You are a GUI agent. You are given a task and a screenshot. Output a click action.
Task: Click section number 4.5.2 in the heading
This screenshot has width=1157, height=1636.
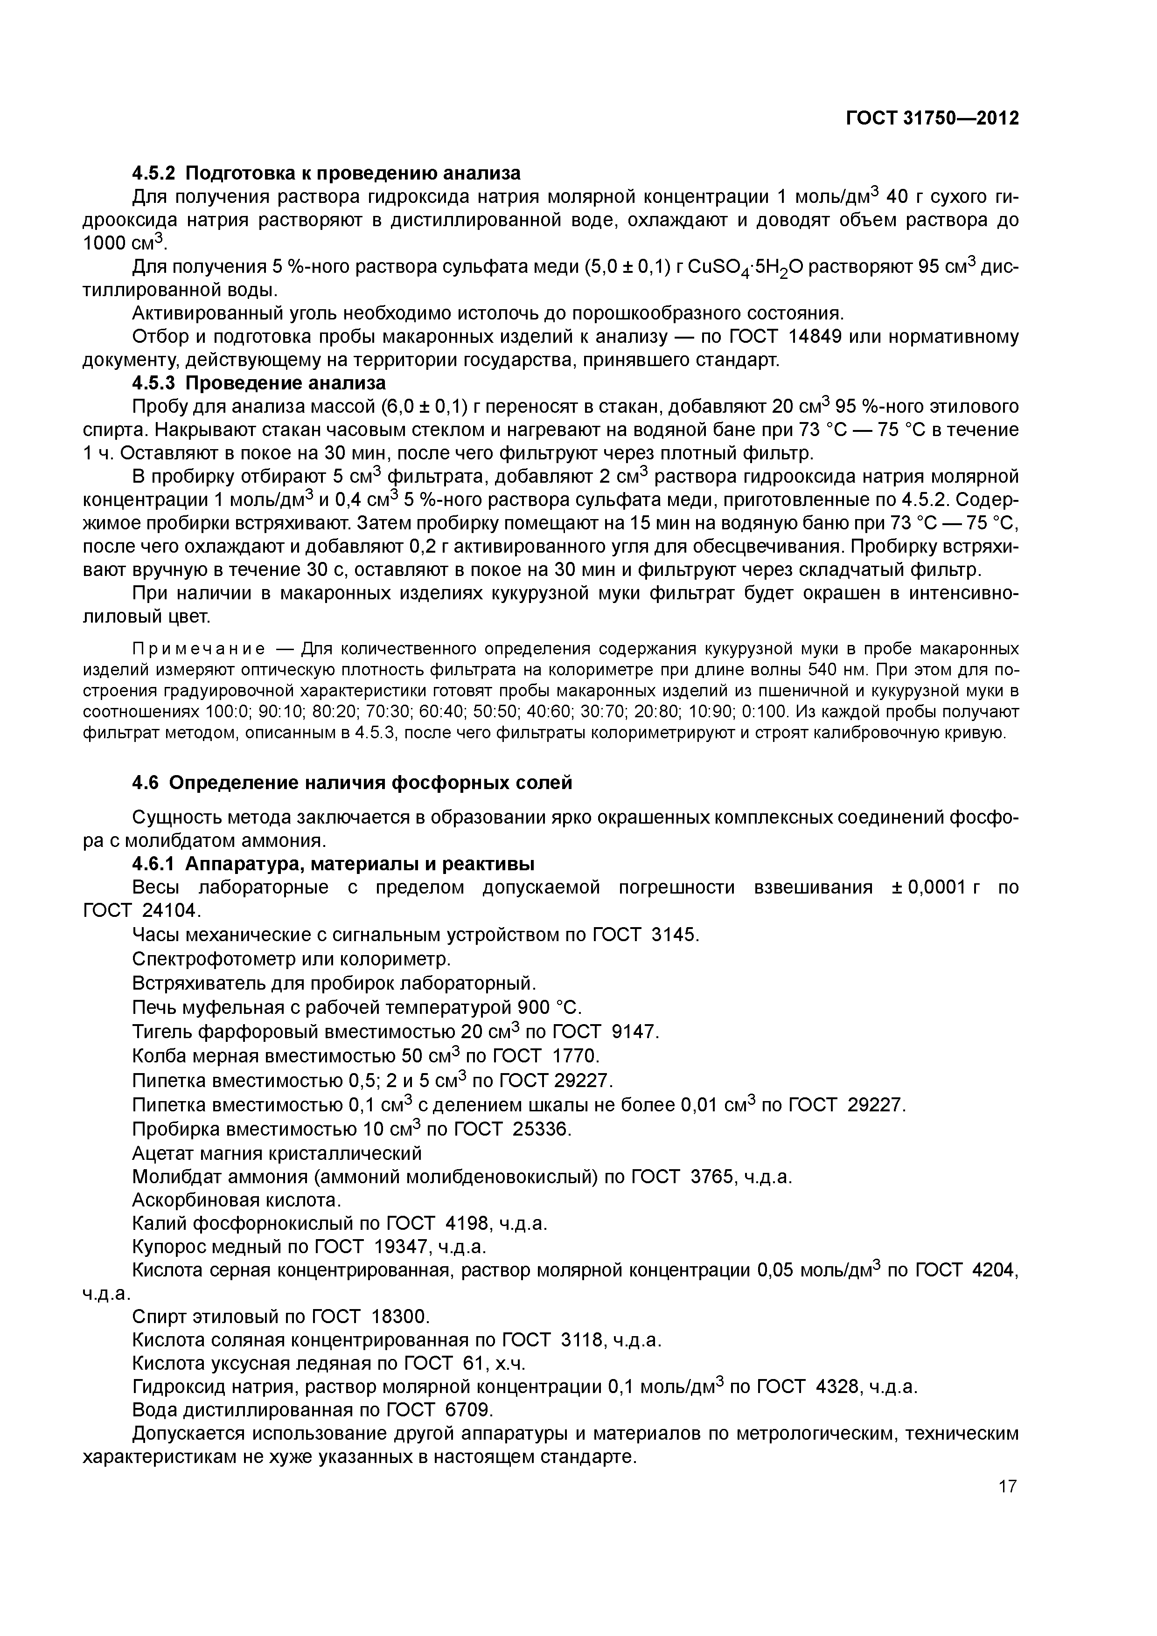(154, 173)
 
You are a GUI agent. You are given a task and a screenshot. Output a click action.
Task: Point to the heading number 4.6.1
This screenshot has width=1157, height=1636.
(154, 864)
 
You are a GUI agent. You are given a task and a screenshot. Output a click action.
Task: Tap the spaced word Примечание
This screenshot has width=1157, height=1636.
(199, 649)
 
